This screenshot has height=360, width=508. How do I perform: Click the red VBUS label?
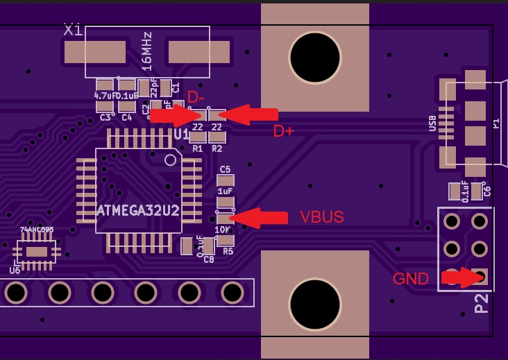point(321,217)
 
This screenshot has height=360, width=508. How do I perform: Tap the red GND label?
point(410,279)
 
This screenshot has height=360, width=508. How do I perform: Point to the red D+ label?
point(283,131)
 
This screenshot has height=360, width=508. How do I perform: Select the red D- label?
point(196,97)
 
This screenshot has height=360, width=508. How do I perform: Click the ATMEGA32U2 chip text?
point(139,210)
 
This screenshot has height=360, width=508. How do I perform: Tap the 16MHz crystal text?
point(146,51)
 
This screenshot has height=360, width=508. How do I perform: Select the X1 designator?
point(73,30)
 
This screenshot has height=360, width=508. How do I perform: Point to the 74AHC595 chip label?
point(37,230)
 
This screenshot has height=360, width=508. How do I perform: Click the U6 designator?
point(15,271)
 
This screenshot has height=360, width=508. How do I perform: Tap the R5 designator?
point(228,252)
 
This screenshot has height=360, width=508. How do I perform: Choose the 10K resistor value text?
point(222,230)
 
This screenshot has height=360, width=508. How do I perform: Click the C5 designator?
point(225,169)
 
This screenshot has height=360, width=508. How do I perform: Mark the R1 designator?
point(198,148)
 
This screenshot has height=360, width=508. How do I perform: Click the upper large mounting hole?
point(315,58)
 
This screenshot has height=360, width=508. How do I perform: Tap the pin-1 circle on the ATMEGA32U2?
point(170,160)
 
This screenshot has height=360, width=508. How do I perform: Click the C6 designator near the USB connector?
point(487,191)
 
